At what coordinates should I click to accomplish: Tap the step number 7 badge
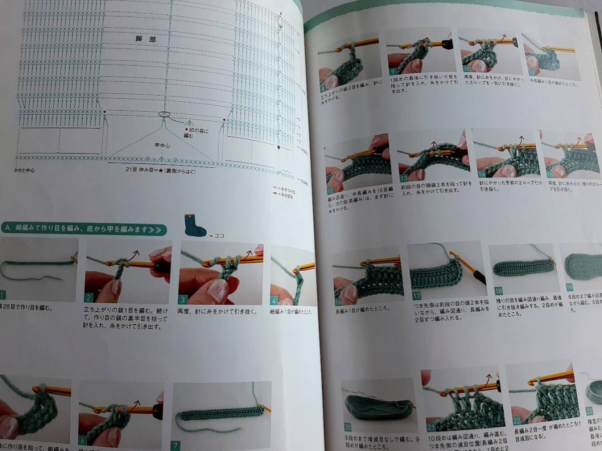pyautogui.click(x=176, y=445)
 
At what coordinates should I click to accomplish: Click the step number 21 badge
pyautogui.click(x=430, y=427)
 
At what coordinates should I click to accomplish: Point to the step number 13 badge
pyautogui.click(x=404, y=178)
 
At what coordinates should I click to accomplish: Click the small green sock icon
pyautogui.click(x=195, y=226)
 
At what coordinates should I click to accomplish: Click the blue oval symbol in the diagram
pyautogui.click(x=164, y=114)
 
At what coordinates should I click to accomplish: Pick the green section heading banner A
pyautogui.click(x=83, y=230)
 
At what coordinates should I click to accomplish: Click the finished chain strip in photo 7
pyautogui.click(x=221, y=412)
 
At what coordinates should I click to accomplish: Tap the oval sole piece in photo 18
pyautogui.click(x=523, y=267)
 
